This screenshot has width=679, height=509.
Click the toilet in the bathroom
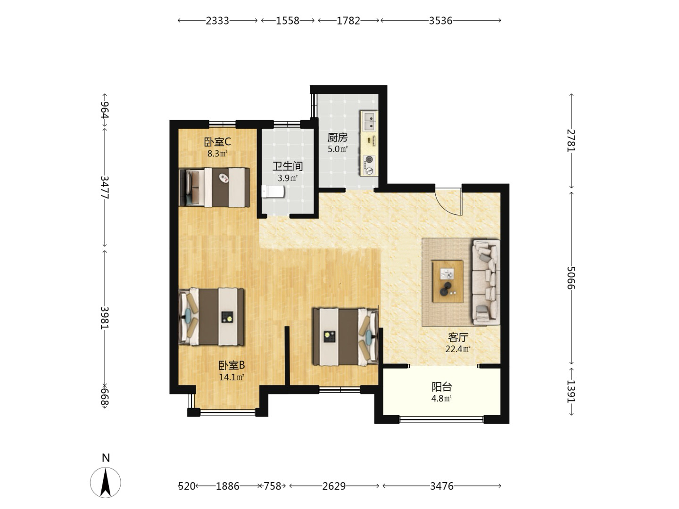click(273, 192)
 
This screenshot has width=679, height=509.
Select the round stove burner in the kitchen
click(369, 160)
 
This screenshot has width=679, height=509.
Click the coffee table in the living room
click(447, 281)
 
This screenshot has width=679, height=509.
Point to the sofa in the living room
click(486, 282)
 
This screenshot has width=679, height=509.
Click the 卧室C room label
click(217, 142)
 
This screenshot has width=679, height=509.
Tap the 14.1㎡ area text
click(232, 377)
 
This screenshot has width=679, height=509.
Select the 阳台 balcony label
click(442, 386)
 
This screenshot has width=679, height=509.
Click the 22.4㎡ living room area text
click(458, 349)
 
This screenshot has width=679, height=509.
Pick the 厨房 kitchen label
click(338, 138)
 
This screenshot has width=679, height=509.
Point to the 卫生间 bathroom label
click(287, 166)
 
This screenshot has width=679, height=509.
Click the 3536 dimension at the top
click(440, 21)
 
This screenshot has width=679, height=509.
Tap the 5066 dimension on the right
click(571, 278)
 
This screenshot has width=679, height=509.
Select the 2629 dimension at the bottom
click(334, 486)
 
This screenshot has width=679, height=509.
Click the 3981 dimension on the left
click(105, 318)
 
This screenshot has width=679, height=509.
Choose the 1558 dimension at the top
click(288, 21)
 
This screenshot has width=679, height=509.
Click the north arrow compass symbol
click(106, 483)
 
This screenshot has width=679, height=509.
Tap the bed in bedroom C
click(215, 187)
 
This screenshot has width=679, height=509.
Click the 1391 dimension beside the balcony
click(571, 391)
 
